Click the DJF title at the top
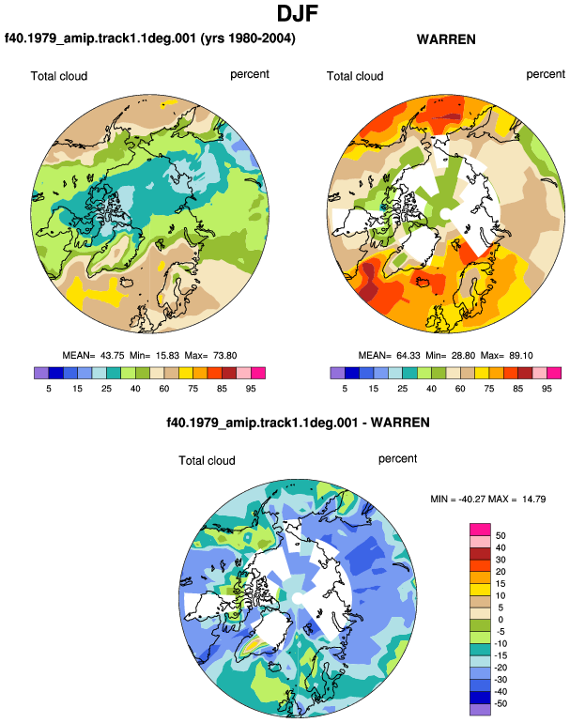[x=298, y=13]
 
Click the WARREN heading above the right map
[x=446, y=39]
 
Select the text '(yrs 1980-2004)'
[x=248, y=38]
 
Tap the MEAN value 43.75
[x=113, y=356]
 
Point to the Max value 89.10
[x=520, y=356]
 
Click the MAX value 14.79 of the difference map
[x=534, y=499]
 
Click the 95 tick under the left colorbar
[x=251, y=389]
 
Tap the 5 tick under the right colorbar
[x=345, y=389]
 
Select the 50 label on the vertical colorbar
[x=501, y=535]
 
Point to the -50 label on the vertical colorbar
[x=501, y=703]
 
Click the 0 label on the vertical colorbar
[x=501, y=620]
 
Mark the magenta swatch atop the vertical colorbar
[x=480, y=529]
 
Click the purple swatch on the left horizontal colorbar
[x=41, y=373]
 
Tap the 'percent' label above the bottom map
[x=397, y=459]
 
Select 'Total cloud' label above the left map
[x=59, y=76]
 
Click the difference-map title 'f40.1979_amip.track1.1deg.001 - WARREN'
[x=298, y=423]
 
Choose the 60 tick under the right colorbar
[x=460, y=389]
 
